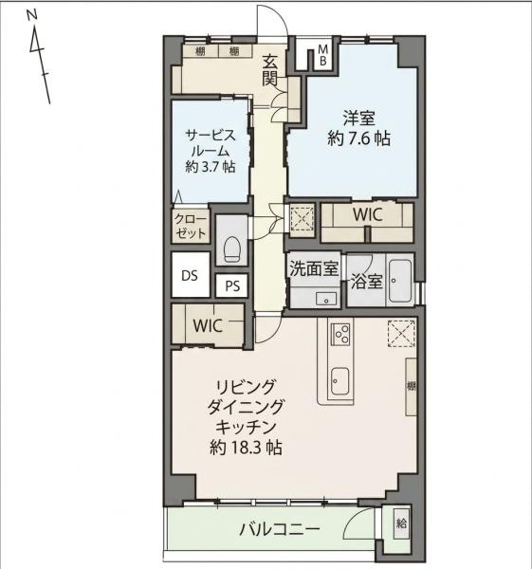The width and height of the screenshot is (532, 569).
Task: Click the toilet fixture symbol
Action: pos(231,249)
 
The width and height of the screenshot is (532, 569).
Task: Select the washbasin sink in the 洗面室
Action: pos(326,299)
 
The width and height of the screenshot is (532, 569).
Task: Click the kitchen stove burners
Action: pos(340,334)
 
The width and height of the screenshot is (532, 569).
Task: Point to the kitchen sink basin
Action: pos(340,382)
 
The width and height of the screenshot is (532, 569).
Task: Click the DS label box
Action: pos(191,275)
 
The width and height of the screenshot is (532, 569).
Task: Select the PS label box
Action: pos(232,285)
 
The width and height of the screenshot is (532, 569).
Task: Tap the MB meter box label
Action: pos(322,55)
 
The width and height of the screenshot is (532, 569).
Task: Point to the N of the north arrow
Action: pos(32,15)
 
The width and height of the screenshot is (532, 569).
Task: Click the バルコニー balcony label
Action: pos(280,529)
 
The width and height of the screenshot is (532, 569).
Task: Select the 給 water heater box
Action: pos(401,523)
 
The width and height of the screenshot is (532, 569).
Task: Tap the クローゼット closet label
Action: pos(191,227)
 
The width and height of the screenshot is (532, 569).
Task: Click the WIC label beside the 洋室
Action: pos(368,214)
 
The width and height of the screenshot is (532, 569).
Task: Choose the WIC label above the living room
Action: pos(208,325)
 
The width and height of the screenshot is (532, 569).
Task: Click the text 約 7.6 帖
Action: pos(358,138)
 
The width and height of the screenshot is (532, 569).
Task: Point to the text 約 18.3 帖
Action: pos(246,448)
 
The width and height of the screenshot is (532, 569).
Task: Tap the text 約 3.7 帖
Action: pos(211,167)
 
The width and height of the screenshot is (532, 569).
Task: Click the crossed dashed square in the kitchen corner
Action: pos(401,334)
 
